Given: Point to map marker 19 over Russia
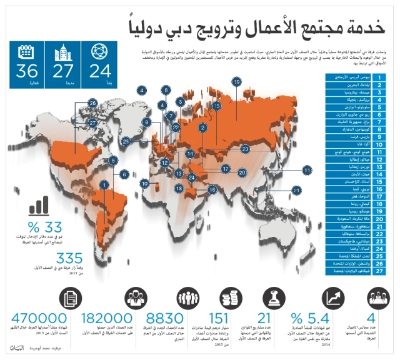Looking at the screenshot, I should (237, 82).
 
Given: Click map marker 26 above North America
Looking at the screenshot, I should (92, 102).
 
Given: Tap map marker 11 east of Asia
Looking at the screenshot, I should (307, 169).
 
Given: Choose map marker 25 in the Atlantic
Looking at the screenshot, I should (126, 141).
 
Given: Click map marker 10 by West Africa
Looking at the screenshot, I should (144, 184).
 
